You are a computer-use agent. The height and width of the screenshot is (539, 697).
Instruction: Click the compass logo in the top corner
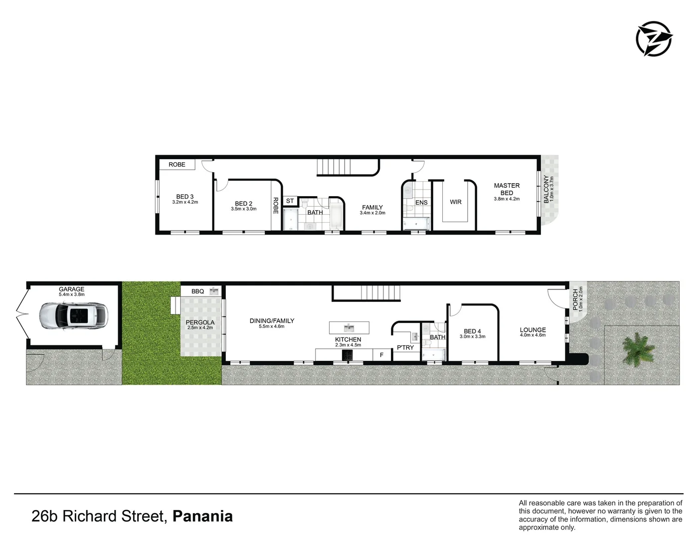[654, 38]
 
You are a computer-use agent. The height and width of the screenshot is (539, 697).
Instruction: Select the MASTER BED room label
[507, 189]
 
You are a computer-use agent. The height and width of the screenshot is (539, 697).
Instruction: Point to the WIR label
[455, 202]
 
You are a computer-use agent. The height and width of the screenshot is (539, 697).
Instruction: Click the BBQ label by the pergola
[198, 291]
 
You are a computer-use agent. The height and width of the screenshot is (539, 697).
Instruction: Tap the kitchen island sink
[349, 328]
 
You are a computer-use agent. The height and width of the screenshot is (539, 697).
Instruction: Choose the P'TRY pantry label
[405, 347]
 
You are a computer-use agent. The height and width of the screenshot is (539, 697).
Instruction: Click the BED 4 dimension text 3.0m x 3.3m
[472, 337]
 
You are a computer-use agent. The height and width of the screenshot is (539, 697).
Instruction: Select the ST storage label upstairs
[290, 201]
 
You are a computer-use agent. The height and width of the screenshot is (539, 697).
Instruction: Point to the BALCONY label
[546, 189]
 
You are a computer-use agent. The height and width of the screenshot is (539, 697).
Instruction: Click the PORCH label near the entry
[575, 300]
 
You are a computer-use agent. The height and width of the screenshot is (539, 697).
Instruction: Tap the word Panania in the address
[202, 516]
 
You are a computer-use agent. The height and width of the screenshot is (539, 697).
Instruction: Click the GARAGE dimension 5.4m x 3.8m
[72, 294]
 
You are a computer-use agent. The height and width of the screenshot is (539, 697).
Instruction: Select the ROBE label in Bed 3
[177, 165]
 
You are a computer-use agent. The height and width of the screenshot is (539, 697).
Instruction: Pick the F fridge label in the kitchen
[382, 355]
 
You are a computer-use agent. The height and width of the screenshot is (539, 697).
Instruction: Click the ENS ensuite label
[421, 203]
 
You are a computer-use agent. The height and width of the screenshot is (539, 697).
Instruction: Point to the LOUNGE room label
[532, 330]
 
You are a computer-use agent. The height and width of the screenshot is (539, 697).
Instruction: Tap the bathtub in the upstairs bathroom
[336, 216]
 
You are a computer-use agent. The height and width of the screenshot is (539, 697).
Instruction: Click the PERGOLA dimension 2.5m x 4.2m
[200, 328]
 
